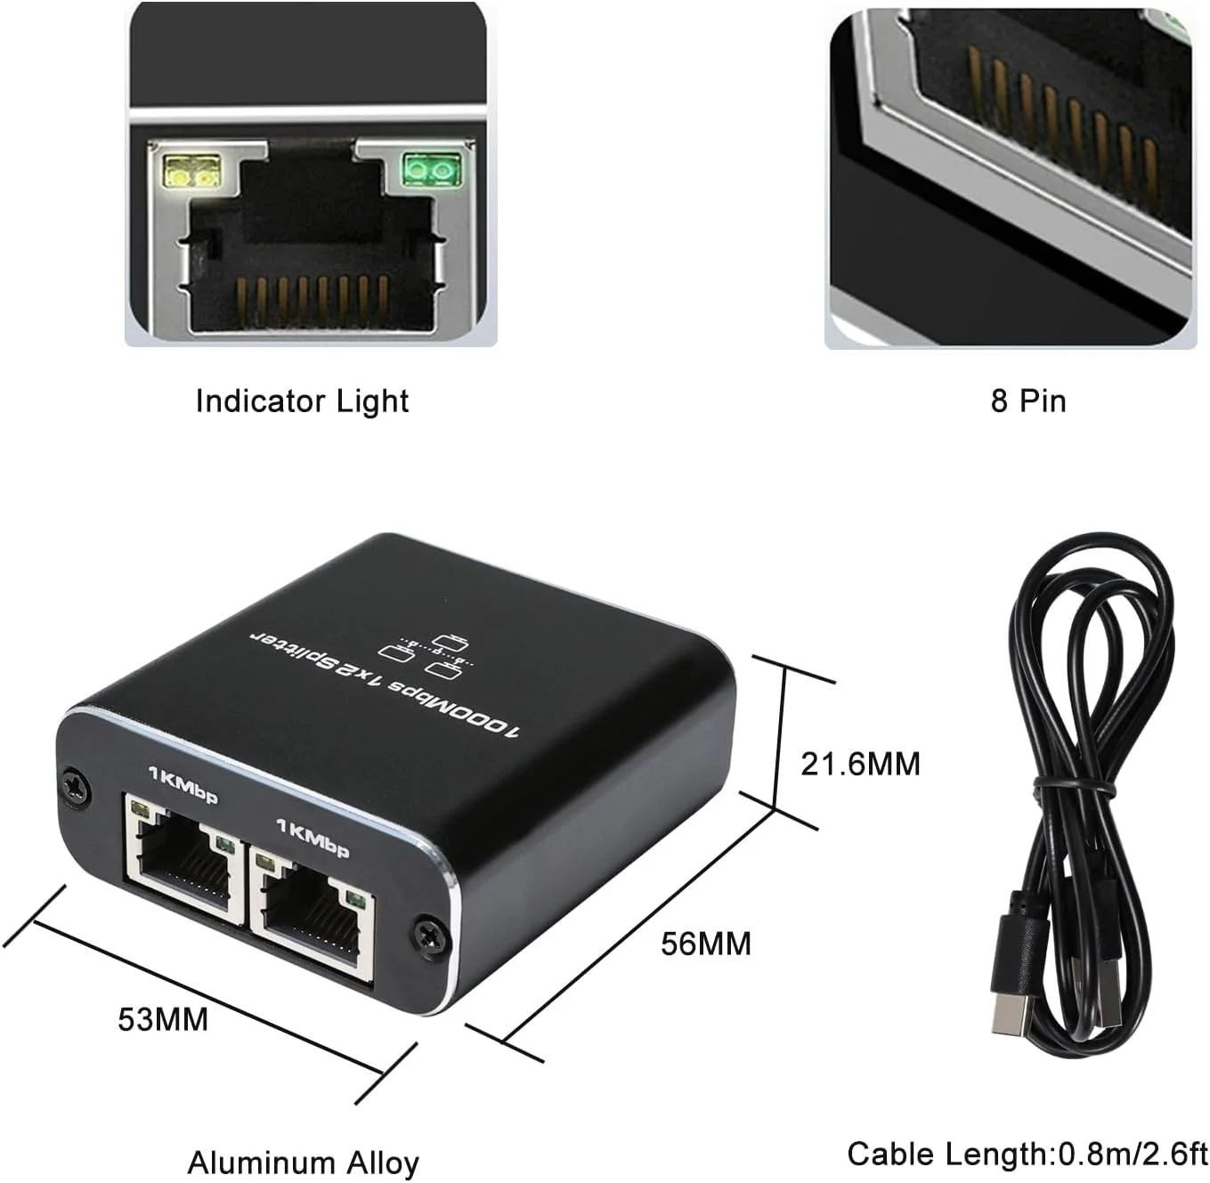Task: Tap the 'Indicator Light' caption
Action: pos(302,401)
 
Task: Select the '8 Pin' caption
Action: pos(1028,401)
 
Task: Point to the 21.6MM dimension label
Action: pos(860,764)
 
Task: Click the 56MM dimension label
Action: pos(706,944)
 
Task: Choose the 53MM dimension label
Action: pos(163,1018)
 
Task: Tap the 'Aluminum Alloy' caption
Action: pos(303,1163)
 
